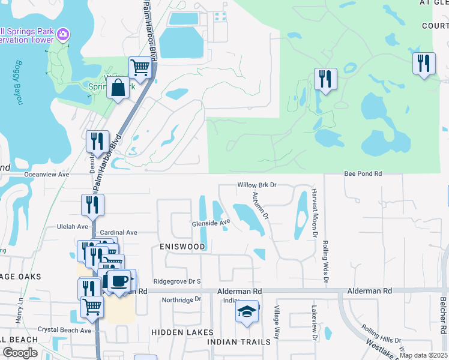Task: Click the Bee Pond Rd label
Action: point(363,173)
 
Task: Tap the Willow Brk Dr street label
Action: point(257,185)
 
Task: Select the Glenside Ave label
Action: point(211,223)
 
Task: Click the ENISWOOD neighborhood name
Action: point(182,247)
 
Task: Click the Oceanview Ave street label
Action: point(47,174)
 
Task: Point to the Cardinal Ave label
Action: point(119,232)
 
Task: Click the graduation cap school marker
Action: point(246,312)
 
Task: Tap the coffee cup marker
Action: point(119,281)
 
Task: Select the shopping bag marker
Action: point(118,88)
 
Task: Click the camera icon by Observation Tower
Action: point(64,36)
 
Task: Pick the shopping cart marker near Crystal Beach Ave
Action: point(92,307)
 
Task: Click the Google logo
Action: point(20,353)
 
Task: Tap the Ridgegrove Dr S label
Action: point(176,281)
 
